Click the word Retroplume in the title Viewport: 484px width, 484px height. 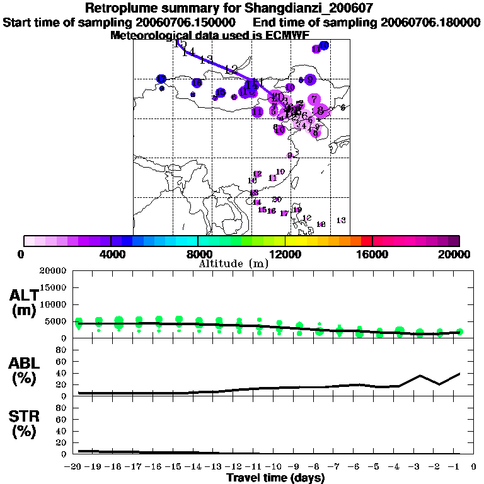122,9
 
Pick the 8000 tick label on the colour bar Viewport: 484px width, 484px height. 198,254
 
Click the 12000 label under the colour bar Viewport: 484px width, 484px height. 285,254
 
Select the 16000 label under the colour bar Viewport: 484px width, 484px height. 372,254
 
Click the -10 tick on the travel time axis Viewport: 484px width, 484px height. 277,467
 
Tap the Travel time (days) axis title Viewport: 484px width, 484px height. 275,478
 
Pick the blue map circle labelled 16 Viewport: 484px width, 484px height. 197,83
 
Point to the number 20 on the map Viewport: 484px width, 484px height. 276,199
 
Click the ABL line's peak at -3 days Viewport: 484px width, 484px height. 420,376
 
